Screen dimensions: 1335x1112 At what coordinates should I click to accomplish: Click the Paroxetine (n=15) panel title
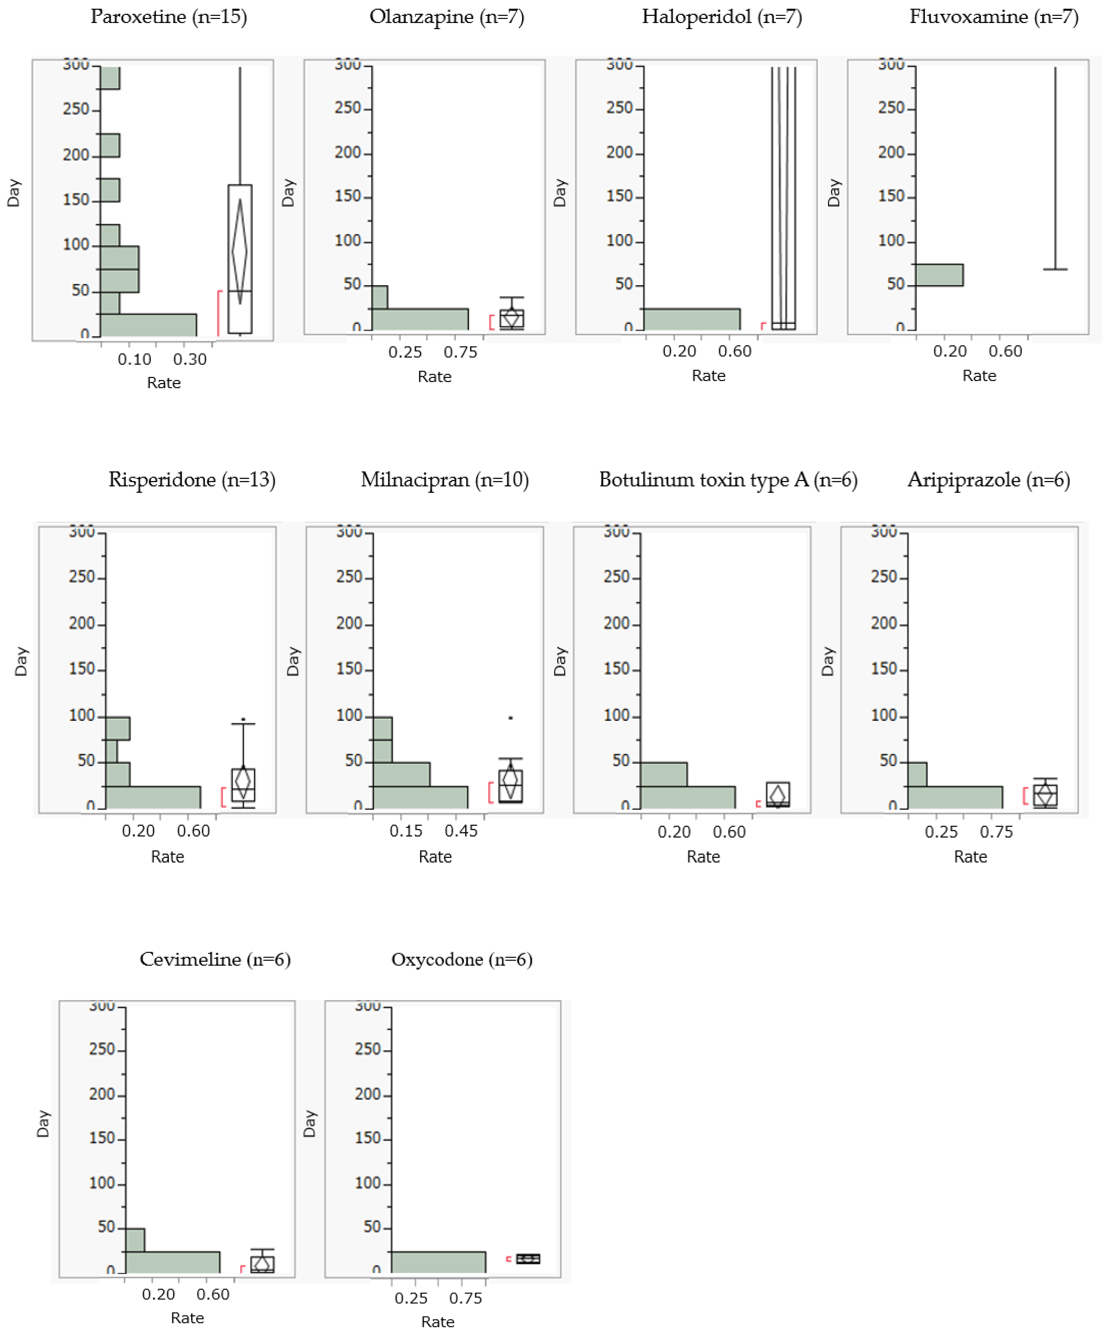click(x=169, y=17)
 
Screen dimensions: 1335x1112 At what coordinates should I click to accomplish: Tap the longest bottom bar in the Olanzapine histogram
click(x=419, y=319)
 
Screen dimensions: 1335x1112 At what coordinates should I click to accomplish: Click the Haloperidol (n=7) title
click(x=721, y=17)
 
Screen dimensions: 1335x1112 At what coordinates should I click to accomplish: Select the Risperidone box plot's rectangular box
click(x=243, y=785)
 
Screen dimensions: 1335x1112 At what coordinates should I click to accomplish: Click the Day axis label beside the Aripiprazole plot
click(x=827, y=661)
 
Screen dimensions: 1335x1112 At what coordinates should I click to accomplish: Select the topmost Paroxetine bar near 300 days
click(x=110, y=78)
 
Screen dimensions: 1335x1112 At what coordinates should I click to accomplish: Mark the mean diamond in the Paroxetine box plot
click(x=239, y=251)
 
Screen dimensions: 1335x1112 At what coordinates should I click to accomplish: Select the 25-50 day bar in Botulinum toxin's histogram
click(x=664, y=774)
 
